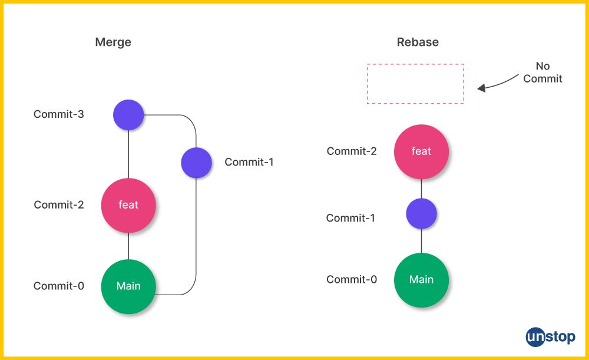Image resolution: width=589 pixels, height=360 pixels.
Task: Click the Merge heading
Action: [113, 42]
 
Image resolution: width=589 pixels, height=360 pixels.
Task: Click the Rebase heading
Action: [418, 42]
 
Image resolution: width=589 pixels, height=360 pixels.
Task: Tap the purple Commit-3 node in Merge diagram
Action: [128, 115]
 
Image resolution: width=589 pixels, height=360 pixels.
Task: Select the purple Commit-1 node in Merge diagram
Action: [196, 163]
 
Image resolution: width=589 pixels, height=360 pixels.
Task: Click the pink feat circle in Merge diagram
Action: [128, 205]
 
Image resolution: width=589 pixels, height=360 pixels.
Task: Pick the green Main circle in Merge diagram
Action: [128, 286]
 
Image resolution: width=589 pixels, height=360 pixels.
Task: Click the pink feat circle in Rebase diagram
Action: [421, 151]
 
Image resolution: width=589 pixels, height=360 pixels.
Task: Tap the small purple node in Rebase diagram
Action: [421, 214]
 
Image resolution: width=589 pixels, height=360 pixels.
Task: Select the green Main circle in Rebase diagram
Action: [421, 280]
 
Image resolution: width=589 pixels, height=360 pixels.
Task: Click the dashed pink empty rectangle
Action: [415, 84]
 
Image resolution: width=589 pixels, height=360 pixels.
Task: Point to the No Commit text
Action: [542, 72]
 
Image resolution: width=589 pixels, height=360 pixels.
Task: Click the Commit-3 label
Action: [59, 114]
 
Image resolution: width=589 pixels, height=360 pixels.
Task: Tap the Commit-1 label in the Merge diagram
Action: [249, 162]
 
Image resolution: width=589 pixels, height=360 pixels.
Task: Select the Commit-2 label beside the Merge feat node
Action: [59, 205]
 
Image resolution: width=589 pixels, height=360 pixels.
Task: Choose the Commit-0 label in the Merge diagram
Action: [59, 286]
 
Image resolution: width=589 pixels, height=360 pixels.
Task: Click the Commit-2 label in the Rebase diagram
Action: [352, 151]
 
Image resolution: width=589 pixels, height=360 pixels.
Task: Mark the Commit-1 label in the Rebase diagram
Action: [350, 219]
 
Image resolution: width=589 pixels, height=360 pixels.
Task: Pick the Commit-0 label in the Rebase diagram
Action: [352, 280]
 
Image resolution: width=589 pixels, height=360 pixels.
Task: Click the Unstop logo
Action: [551, 336]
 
